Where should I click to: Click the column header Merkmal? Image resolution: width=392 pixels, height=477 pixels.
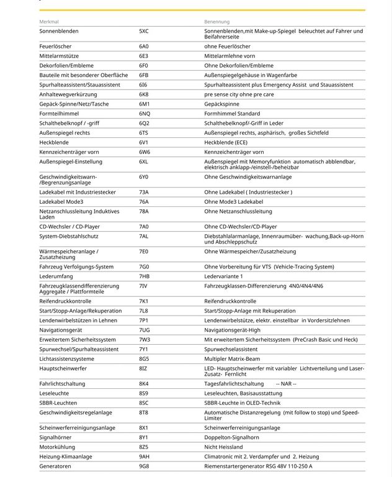(49, 21)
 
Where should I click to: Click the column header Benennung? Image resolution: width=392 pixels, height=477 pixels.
(217, 21)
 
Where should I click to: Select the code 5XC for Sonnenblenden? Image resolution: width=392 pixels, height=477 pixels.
(144, 30)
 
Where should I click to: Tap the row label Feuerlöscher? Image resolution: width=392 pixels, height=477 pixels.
(55, 46)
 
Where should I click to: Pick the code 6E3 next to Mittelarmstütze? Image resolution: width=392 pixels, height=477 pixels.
(144, 55)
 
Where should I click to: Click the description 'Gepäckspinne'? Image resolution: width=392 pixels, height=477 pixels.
(222, 104)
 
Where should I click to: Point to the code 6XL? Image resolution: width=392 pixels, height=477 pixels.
(144, 161)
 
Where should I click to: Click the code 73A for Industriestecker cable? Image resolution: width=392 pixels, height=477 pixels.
(144, 192)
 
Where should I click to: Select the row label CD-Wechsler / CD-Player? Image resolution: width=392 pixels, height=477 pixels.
(69, 227)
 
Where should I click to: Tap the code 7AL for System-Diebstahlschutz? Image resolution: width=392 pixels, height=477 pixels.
(144, 236)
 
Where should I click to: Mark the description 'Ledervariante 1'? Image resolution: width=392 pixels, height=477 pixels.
(224, 276)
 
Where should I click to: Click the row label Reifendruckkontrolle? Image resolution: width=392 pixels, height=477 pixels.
(65, 301)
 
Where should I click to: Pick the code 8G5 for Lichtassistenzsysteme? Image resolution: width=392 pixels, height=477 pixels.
(144, 358)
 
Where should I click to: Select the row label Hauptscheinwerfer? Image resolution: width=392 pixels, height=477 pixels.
(63, 368)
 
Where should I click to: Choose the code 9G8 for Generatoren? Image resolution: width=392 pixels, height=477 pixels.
(144, 466)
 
